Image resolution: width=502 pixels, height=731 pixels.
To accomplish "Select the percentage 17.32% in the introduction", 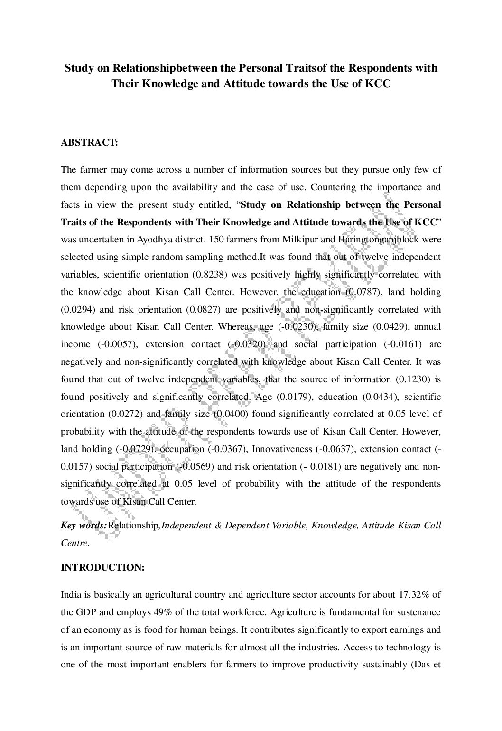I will click(414, 595).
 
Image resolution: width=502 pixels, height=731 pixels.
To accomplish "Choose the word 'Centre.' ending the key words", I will click(75, 544).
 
